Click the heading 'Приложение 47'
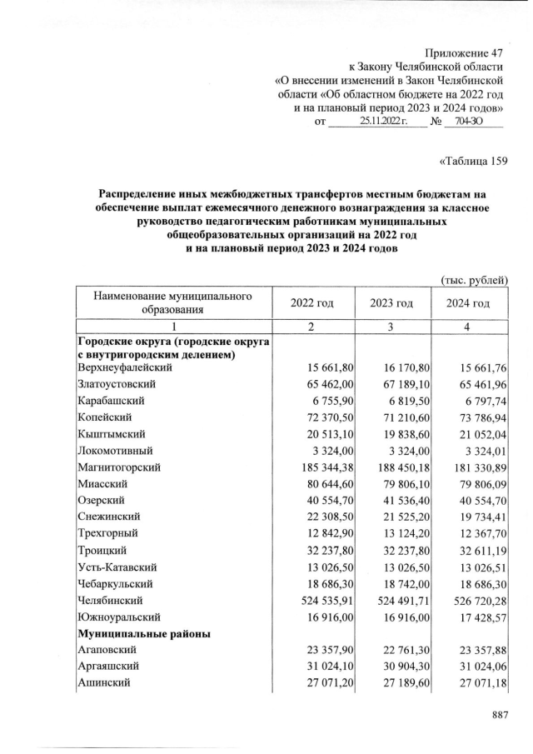point(464,52)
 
